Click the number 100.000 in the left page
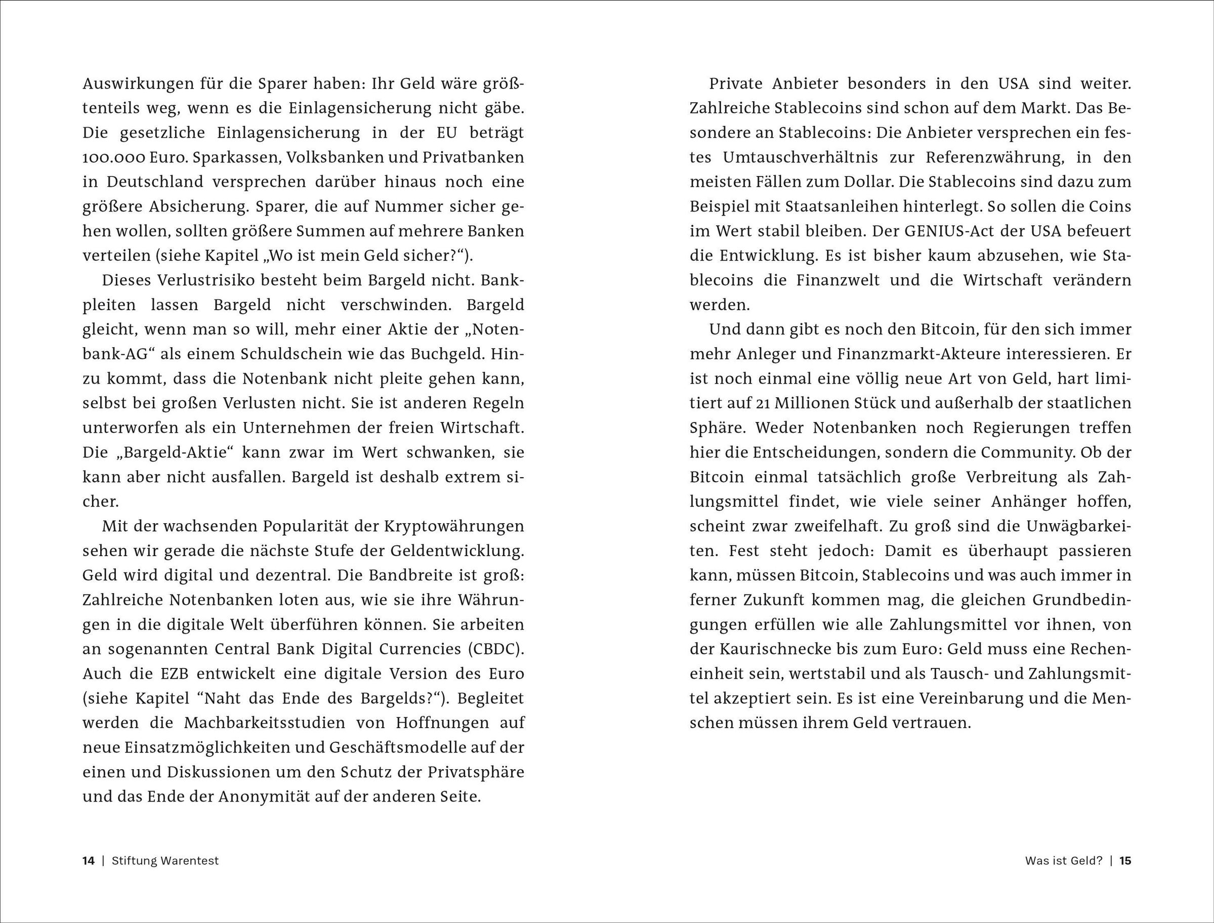[x=113, y=158]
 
